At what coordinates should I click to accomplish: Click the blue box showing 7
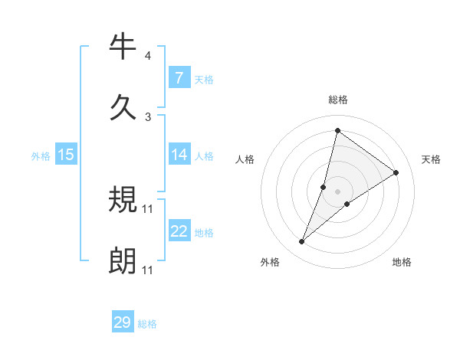[x=179, y=77]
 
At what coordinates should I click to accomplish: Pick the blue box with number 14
[x=179, y=155]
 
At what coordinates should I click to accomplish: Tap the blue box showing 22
[x=179, y=231]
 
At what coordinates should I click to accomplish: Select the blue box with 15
[x=66, y=155]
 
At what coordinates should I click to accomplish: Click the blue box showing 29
[x=123, y=322]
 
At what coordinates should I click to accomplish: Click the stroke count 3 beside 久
[x=147, y=116]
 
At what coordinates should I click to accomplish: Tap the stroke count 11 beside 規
[x=147, y=208]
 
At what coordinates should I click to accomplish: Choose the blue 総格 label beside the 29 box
[x=147, y=324]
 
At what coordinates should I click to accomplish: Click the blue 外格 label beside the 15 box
[x=41, y=155]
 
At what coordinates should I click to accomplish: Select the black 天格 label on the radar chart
[x=431, y=159]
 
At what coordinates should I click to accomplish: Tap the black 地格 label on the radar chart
[x=402, y=262]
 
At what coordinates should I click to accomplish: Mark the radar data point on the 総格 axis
[x=337, y=130]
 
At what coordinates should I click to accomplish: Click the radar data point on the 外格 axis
[x=301, y=242]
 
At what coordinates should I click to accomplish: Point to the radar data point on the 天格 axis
[x=396, y=172]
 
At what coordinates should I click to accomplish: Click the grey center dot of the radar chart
[x=337, y=191]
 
